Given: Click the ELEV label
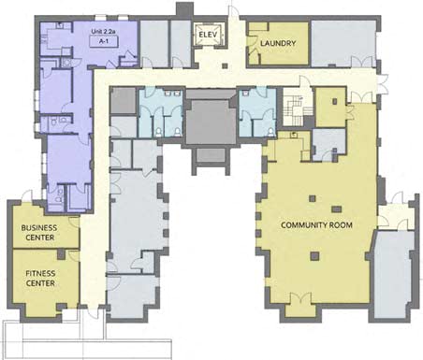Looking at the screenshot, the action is (x=208, y=35).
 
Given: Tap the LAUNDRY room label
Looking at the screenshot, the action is (x=278, y=43).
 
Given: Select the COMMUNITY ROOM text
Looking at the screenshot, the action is (x=316, y=224).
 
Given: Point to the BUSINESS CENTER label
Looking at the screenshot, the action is (x=39, y=233).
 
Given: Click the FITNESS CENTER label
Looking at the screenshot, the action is (x=40, y=279).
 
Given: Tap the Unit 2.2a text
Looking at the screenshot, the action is (x=104, y=31).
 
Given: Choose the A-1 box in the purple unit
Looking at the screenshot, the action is (x=104, y=41).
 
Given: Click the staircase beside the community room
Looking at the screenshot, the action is (x=294, y=110).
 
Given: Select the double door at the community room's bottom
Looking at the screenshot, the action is (x=301, y=298).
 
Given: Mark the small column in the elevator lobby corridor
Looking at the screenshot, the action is (x=225, y=65).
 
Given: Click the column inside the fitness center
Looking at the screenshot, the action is (x=61, y=254).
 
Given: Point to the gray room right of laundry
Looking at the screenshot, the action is (x=343, y=43).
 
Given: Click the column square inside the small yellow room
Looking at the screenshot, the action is (x=335, y=101).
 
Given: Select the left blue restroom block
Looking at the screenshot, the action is (x=161, y=113).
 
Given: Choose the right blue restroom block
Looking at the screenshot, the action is (x=257, y=113).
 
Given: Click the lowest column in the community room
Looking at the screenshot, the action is (x=314, y=256).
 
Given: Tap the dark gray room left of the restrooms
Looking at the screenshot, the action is (x=124, y=100).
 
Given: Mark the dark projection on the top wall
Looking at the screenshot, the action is (x=184, y=8).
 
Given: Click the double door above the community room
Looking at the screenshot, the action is (x=361, y=96).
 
